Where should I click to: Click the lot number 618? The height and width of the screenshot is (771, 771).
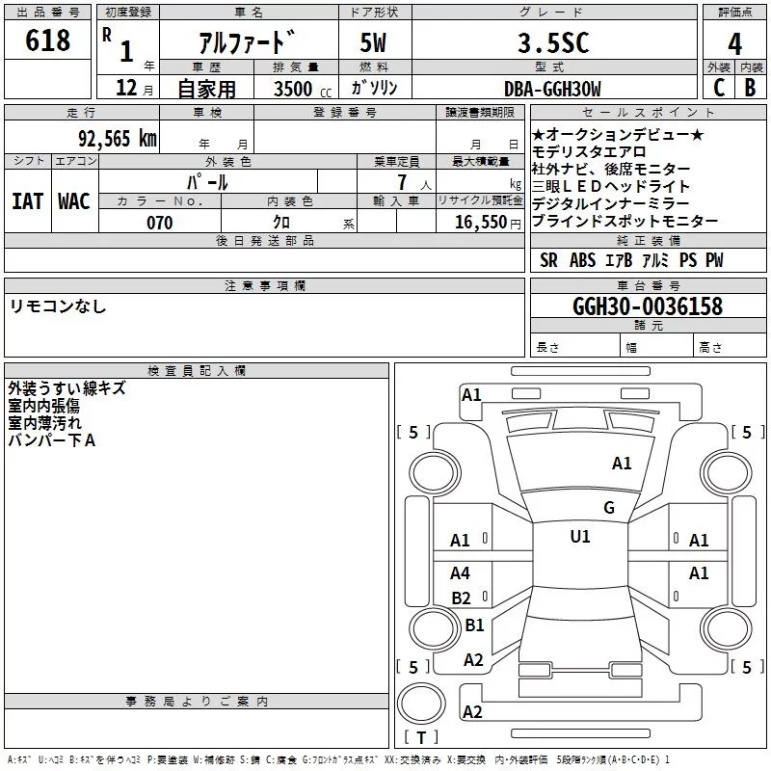pyautogui.click(x=47, y=40)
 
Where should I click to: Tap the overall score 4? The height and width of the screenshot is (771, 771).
pyautogui.click(x=734, y=44)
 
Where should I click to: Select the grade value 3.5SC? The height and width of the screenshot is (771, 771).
pyautogui.click(x=553, y=42)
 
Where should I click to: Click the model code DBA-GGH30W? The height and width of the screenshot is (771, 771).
pyautogui.click(x=552, y=89)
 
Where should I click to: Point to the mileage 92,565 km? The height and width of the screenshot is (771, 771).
pyautogui.click(x=118, y=139)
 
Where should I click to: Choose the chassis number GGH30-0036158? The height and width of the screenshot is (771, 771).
pyautogui.click(x=648, y=306)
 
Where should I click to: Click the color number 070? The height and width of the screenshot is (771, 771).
pyautogui.click(x=160, y=223)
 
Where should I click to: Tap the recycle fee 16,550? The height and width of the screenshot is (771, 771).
pyautogui.click(x=481, y=223)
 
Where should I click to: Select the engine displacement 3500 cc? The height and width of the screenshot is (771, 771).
pyautogui.click(x=303, y=89)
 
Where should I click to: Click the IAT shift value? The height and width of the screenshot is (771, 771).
pyautogui.click(x=27, y=201)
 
